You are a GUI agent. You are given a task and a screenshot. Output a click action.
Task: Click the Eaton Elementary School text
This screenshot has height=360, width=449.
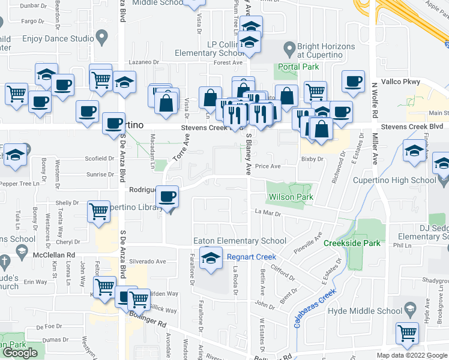pos(240,241)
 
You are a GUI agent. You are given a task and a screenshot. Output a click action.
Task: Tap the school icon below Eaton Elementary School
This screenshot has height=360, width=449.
pos(211,259)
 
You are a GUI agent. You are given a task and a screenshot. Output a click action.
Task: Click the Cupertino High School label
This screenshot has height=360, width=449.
pos(402,180)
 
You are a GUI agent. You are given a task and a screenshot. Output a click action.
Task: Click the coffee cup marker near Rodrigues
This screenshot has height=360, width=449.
pos(169,196)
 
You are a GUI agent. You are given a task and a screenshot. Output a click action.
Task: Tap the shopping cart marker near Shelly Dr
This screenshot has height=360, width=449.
pos(98,211)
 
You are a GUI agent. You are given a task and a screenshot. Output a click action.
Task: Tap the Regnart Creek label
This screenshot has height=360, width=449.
pos(251,257)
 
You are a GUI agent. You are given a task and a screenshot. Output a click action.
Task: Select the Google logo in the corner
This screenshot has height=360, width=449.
pos(20,352)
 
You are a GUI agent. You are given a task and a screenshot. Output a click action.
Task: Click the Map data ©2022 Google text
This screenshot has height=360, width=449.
pos(411,355)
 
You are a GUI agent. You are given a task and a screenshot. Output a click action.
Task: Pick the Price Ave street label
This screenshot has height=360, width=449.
pos(268,166)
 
